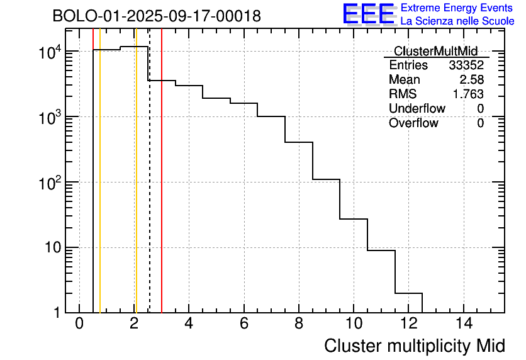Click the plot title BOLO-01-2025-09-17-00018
pos(157,16)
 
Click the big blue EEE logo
pos(368,14)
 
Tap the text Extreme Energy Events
pos(457,8)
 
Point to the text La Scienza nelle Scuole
pos(457,21)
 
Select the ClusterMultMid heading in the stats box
pos(435,51)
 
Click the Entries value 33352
pos(466,65)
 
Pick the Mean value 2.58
pos(471,80)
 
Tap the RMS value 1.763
pos(468,94)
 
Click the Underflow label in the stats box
pos(417,108)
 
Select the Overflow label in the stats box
pos(413,123)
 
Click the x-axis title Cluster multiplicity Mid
pos(414,346)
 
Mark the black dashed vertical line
pos(150,189)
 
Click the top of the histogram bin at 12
pos(408,293)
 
